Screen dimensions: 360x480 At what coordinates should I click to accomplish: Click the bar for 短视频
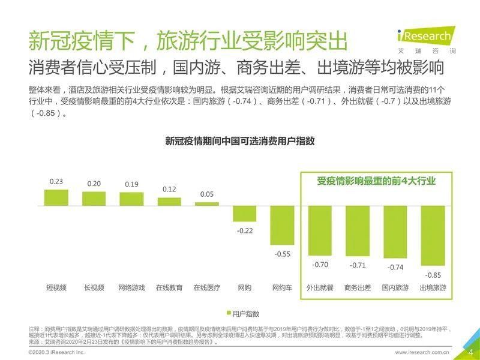(56, 197)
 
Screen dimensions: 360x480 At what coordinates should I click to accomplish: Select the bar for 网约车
(282, 225)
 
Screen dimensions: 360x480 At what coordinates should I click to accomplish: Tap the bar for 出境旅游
(433, 235)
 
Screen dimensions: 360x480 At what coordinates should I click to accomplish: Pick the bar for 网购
(244, 214)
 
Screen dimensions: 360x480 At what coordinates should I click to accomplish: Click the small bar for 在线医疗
(206, 203)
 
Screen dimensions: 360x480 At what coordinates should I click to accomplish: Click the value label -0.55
(282, 254)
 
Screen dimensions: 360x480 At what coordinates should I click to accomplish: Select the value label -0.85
(433, 275)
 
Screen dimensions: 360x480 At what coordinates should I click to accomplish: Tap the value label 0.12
(169, 190)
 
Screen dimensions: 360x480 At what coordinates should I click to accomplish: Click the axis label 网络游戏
(131, 288)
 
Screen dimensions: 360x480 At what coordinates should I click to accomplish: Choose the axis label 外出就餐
(320, 288)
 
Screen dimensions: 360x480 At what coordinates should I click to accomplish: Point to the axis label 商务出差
(358, 288)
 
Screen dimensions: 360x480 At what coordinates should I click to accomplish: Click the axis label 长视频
(94, 288)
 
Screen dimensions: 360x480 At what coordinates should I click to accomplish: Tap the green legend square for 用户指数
(228, 313)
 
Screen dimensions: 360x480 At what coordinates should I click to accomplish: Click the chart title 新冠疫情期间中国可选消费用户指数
(240, 141)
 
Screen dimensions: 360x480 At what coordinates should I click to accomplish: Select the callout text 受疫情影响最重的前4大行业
(376, 181)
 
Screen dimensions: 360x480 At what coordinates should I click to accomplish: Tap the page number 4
(470, 352)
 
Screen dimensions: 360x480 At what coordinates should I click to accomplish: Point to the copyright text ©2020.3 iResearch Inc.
(57, 352)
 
